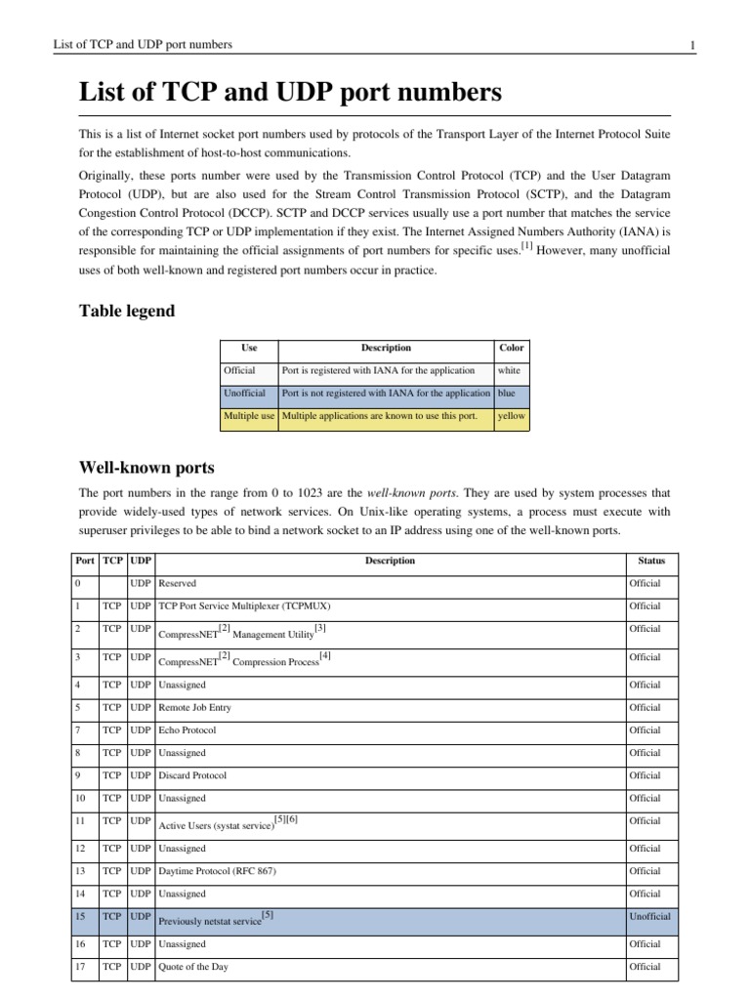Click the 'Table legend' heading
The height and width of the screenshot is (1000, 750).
(x=127, y=312)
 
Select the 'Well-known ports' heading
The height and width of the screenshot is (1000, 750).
(x=146, y=467)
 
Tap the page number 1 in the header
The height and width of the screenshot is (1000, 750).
(x=691, y=45)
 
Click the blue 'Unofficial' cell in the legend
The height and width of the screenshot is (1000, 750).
(x=244, y=394)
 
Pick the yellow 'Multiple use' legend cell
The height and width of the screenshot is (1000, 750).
(x=249, y=417)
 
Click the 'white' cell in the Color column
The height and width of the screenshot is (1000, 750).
(x=510, y=371)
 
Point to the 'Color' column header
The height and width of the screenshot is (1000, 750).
(x=512, y=348)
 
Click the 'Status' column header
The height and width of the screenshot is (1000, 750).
(x=651, y=561)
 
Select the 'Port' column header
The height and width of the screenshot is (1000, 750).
(x=85, y=561)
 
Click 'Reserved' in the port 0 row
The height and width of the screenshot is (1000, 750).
(x=177, y=583)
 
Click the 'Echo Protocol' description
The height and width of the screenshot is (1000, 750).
(x=187, y=729)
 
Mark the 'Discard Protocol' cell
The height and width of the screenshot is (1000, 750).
(x=192, y=775)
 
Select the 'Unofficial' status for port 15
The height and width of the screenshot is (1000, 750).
(x=650, y=917)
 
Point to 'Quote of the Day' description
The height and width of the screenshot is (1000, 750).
(x=193, y=967)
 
